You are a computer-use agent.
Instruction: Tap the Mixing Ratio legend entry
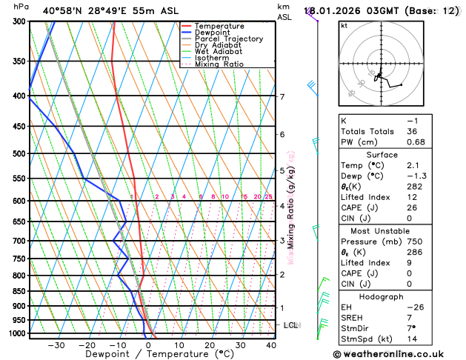click(219, 64)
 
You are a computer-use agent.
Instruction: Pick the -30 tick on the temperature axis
click(56, 345)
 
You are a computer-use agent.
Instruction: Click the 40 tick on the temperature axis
click(271, 345)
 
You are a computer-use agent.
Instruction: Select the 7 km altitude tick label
click(282, 97)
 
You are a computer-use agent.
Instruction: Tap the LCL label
click(291, 325)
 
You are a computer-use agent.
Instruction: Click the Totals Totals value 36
click(412, 131)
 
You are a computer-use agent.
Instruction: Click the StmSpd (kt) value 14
click(412, 341)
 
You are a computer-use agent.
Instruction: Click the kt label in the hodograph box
click(344, 25)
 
